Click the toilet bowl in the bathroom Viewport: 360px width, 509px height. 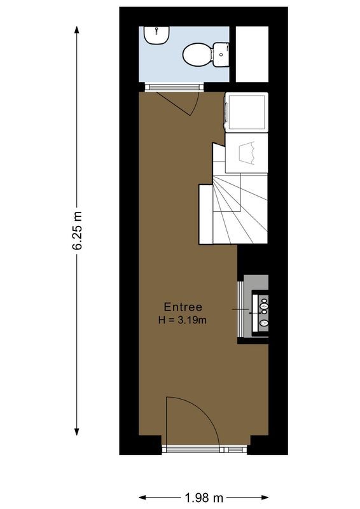[196, 54]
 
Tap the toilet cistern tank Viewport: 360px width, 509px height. [221, 55]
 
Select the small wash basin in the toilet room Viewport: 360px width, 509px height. [155, 36]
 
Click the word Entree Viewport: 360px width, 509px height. [183, 307]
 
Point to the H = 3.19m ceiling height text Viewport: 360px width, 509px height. [183, 320]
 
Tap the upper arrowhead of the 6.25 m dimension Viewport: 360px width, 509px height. [77, 31]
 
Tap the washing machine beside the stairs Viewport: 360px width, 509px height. [246, 112]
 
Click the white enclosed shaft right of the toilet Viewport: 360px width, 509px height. [252, 53]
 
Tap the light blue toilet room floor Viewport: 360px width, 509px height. [172, 70]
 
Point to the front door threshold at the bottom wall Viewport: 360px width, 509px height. [204, 449]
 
